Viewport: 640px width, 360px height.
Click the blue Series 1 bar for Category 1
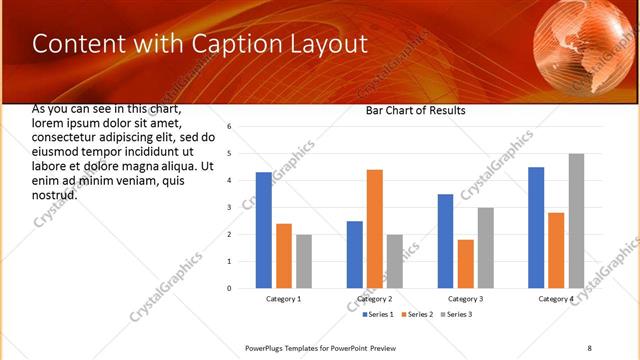point(263,230)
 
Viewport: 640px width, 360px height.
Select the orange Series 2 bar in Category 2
point(375,229)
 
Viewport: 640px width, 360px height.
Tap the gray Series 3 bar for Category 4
point(576,221)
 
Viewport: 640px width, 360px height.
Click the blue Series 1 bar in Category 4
point(536,228)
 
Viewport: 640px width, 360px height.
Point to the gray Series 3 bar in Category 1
point(303,261)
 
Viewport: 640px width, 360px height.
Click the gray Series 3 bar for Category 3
point(485,248)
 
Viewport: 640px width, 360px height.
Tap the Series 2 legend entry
point(415,314)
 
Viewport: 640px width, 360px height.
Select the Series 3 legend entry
point(455,314)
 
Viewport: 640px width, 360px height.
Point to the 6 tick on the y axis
point(230,127)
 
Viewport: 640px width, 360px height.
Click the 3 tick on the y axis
point(230,207)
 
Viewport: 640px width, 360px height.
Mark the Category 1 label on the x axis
point(284,299)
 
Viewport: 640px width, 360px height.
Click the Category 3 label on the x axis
point(465,299)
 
